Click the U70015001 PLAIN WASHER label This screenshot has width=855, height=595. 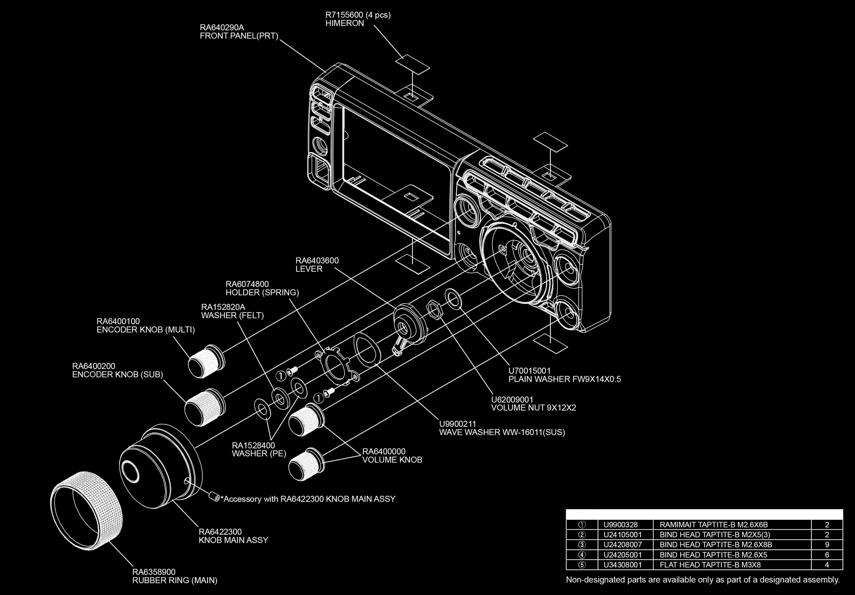(564, 375)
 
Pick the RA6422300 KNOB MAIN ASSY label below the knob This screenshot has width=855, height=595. (233, 536)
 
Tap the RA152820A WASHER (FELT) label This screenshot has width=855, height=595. (232, 311)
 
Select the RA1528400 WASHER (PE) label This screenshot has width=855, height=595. (259, 449)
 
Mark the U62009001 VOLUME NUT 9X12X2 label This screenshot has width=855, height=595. (533, 404)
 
